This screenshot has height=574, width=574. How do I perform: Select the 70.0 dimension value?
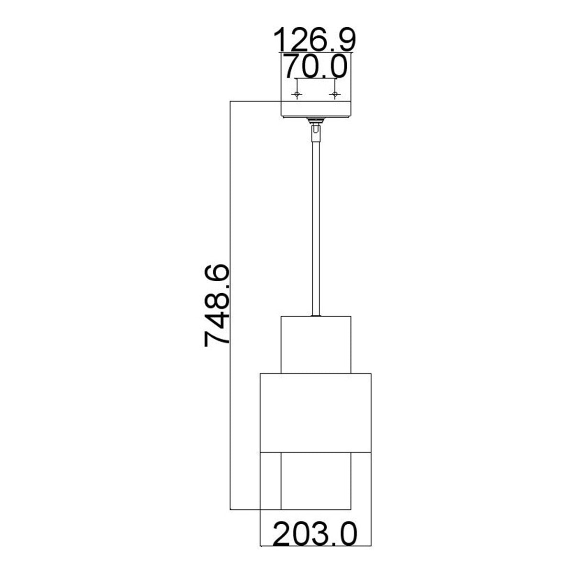(315, 66)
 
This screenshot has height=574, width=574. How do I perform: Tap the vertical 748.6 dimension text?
(218, 306)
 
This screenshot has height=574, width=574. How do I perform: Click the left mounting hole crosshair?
(297, 94)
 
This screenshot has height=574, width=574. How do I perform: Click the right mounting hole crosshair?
(335, 94)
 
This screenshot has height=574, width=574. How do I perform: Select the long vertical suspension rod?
(315, 225)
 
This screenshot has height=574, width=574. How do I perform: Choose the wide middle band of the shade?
(315, 411)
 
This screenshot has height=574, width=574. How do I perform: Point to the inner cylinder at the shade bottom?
(315, 481)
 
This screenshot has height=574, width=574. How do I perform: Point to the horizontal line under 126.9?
(315, 52)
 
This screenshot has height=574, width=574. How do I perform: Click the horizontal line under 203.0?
(315, 546)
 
